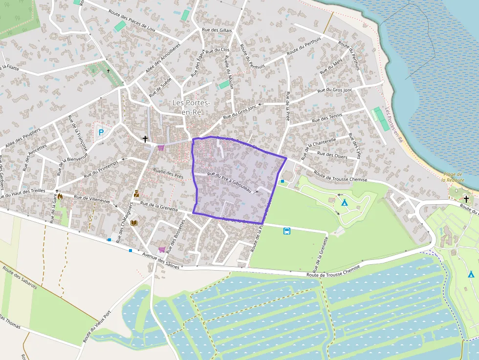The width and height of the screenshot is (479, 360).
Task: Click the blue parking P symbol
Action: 101,132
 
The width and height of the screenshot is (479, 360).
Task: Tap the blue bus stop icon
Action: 287,231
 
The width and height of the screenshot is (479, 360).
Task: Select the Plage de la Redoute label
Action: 452,177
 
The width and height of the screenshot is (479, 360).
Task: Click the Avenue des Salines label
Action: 161,261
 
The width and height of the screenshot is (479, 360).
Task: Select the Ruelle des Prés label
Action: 168,173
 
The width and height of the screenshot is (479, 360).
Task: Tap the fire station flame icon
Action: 60,196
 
